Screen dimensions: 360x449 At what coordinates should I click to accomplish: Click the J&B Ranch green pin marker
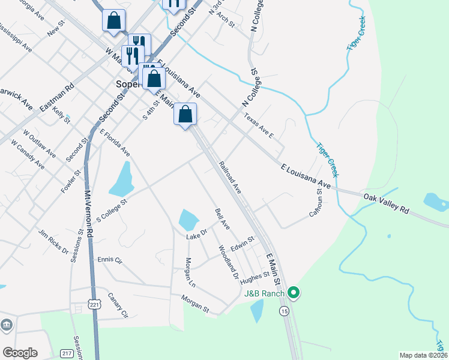click(x=294, y=293)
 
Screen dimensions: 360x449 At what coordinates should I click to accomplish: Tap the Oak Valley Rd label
click(x=386, y=203)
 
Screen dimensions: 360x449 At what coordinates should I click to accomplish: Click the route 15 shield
click(x=284, y=311)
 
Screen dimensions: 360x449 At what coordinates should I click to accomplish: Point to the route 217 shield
click(x=67, y=354)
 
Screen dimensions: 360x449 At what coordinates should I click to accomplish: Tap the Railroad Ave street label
click(x=230, y=177)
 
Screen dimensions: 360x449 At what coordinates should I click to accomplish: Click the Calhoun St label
click(x=319, y=203)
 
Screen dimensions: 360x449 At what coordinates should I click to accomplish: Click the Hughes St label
click(x=255, y=278)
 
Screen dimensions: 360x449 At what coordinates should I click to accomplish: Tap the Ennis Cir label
click(x=109, y=260)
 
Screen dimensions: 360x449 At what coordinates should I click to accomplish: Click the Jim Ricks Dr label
click(x=53, y=241)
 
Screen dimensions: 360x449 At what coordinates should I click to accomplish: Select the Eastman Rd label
click(x=56, y=96)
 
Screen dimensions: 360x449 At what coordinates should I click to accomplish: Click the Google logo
click(x=20, y=353)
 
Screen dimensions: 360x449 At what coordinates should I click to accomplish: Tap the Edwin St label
click(x=243, y=244)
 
